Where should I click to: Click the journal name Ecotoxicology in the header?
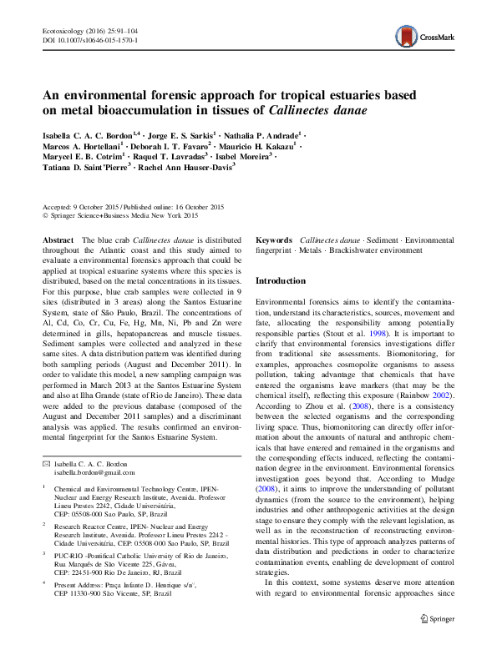(x=63, y=30)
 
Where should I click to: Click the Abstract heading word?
(x=57, y=239)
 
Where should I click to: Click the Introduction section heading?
(x=280, y=281)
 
